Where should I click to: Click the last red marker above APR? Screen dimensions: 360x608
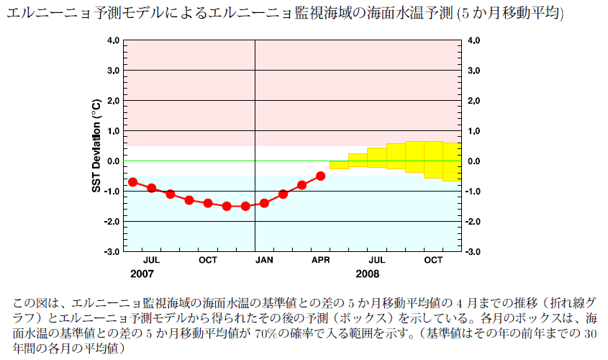(321, 176)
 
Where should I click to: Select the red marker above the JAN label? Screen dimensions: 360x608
(264, 203)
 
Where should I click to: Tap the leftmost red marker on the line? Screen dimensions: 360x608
(132, 181)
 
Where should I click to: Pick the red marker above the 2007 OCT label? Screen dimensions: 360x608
(208, 203)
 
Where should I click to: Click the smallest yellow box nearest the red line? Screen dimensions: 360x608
(339, 165)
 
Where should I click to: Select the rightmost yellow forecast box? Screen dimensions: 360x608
(452, 161)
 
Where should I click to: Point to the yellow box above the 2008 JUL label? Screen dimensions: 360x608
(376, 158)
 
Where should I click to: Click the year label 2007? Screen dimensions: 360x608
(142, 274)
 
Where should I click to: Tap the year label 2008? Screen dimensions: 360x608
(367, 274)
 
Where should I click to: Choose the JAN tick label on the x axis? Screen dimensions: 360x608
(264, 259)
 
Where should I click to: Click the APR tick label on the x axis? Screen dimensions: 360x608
(321, 259)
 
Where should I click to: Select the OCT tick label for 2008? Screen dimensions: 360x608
(433, 259)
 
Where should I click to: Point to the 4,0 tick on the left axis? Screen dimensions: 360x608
(113, 41)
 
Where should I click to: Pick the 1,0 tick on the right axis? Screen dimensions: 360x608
(474, 131)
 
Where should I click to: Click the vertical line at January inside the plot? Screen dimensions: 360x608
(255, 108)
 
